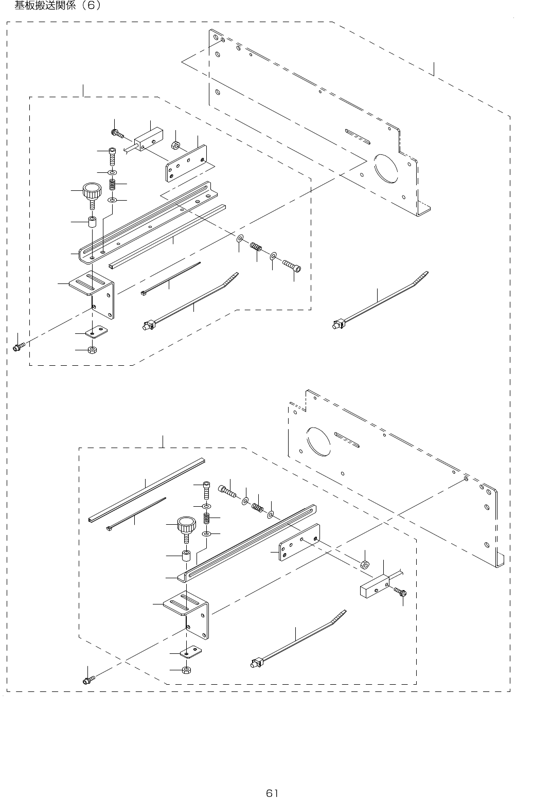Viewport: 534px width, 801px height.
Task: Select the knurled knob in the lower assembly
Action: [x=186, y=525]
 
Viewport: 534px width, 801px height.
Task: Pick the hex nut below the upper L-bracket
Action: [x=93, y=350]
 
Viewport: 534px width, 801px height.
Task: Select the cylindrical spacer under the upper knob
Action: [x=93, y=223]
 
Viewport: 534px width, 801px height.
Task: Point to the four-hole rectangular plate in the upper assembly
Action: [x=187, y=163]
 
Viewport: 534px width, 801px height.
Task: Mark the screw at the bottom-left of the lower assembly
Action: [x=88, y=680]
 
